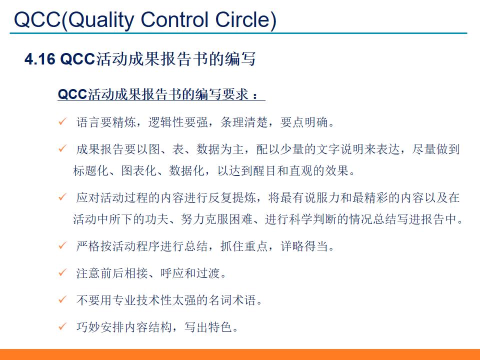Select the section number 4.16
(40, 59)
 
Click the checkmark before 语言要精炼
(62, 122)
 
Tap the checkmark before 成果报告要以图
(62, 148)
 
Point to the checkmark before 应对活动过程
(62, 197)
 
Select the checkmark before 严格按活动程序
(62, 246)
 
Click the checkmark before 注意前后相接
(62, 273)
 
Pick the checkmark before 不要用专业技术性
(62, 300)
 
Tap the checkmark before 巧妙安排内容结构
(62, 327)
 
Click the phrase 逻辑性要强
(175, 122)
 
